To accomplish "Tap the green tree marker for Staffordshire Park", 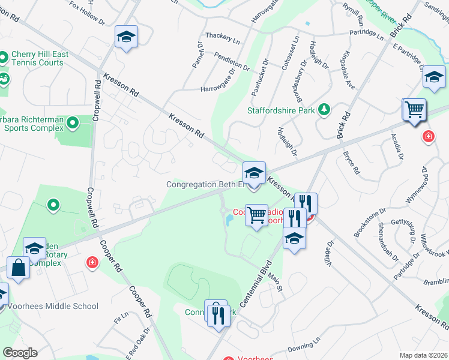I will [324, 109].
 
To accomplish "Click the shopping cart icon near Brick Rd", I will [414, 110].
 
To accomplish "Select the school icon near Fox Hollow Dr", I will [126, 37].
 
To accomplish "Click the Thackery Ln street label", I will [223, 37].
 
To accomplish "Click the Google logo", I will [20, 352].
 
